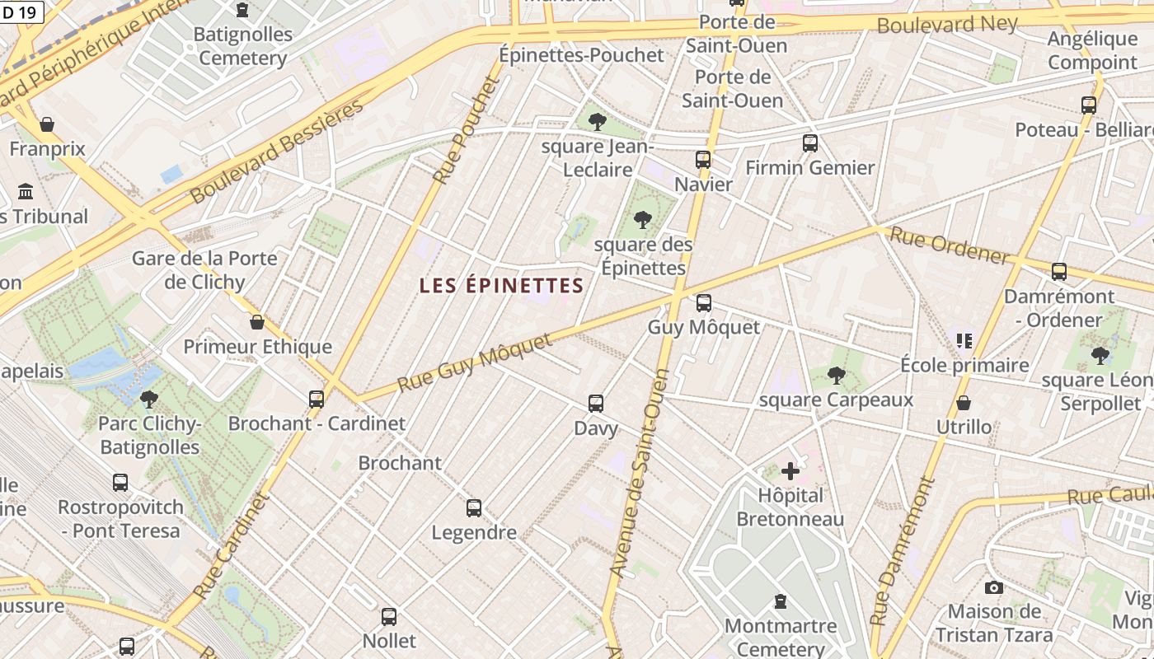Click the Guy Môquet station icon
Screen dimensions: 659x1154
tap(703, 302)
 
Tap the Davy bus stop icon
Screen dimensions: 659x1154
tap(596, 404)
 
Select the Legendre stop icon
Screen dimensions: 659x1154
tap(474, 508)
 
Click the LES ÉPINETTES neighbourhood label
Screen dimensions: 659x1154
tap(501, 286)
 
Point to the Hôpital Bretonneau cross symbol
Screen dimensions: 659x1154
tap(790, 471)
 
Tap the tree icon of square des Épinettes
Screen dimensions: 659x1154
tap(642, 220)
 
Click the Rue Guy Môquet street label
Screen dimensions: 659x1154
tap(475, 363)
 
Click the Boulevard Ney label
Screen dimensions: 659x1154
tap(947, 24)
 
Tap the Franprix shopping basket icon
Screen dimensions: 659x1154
tap(47, 124)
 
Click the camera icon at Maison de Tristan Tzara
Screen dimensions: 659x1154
tap(994, 587)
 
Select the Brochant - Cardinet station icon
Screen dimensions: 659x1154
tap(317, 400)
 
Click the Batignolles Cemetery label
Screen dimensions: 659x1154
tap(242, 46)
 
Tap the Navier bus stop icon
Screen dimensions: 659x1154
tap(703, 160)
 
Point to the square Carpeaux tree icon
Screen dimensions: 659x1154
tap(836, 376)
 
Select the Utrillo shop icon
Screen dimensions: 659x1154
tap(963, 403)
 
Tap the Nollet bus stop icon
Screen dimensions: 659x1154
tap(389, 616)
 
